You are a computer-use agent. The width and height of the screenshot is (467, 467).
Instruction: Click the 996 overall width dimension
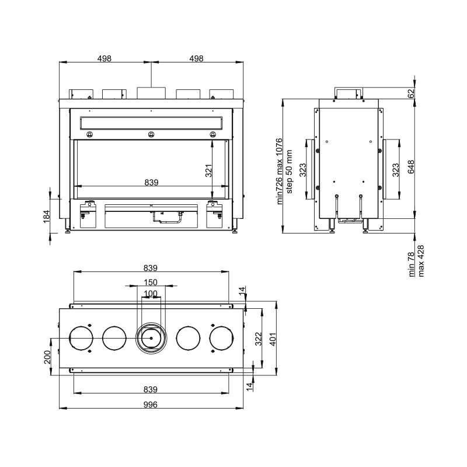pyautogui.click(x=151, y=405)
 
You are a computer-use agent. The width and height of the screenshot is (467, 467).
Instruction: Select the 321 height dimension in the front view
pyautogui.click(x=209, y=170)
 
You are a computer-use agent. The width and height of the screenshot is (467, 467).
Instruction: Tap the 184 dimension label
pyautogui.click(x=47, y=217)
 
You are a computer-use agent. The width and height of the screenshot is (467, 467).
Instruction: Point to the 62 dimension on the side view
pyautogui.click(x=411, y=93)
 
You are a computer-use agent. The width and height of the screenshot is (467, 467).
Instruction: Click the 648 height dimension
pyautogui.click(x=411, y=167)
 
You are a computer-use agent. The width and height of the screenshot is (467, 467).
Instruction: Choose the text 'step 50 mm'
pyautogui.click(x=289, y=172)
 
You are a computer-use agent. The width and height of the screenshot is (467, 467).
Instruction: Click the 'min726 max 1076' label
pyautogui.click(x=279, y=171)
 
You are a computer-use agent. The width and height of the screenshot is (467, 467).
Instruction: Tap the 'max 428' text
pyautogui.click(x=421, y=261)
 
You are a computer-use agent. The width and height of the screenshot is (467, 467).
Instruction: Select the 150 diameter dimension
pyautogui.click(x=151, y=282)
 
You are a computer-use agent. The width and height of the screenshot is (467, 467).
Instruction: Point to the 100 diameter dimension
pyautogui.click(x=151, y=294)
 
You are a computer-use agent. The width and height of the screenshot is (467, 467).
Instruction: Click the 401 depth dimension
pyautogui.click(x=273, y=339)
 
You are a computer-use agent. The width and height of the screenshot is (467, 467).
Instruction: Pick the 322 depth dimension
pyautogui.click(x=259, y=339)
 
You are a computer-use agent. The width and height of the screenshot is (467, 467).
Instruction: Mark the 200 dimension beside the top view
pyautogui.click(x=47, y=357)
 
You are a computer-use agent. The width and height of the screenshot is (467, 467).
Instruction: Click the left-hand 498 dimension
pyautogui.click(x=104, y=58)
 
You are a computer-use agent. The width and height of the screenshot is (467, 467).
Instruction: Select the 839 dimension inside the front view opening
pyautogui.click(x=151, y=182)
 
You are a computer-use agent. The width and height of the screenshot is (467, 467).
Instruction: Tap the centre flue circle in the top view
pyautogui.click(x=151, y=338)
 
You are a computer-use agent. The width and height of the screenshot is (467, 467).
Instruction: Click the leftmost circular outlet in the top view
pyautogui.click(x=81, y=338)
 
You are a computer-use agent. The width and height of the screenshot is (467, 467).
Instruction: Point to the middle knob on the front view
pyautogui.click(x=151, y=134)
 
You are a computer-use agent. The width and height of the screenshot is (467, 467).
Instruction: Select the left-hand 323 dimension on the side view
pyautogui.click(x=302, y=170)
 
